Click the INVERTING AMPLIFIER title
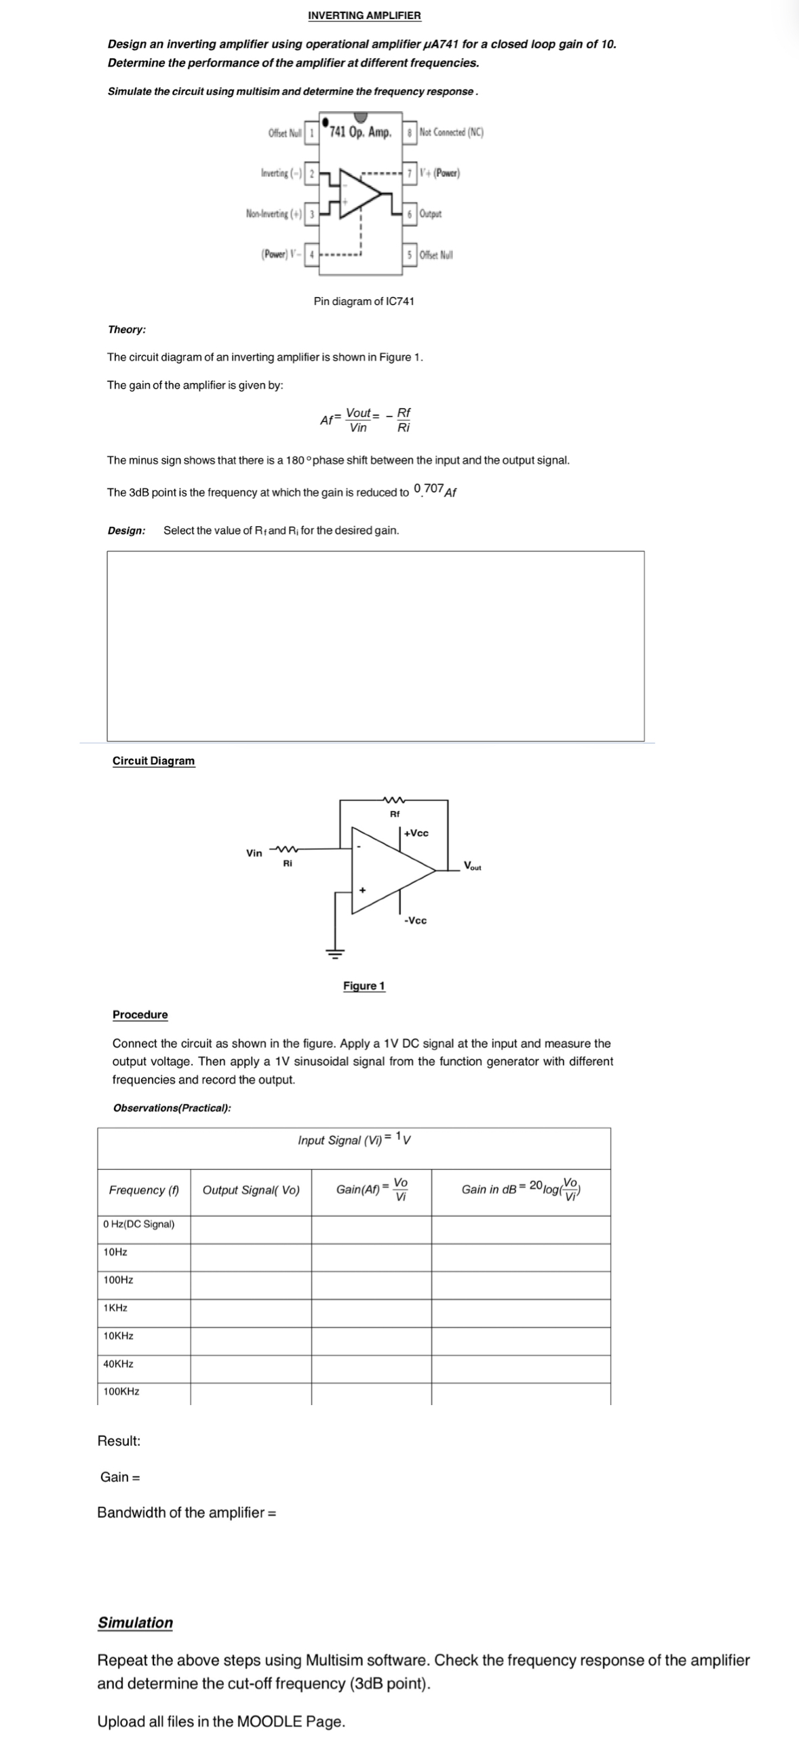tap(364, 15)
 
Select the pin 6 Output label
tap(430, 214)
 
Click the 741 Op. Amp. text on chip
tap(359, 132)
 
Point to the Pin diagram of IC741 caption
tap(364, 301)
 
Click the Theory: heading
tap(126, 330)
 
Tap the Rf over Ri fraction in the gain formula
tap(404, 420)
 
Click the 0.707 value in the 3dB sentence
tap(429, 489)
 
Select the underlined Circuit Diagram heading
tap(154, 761)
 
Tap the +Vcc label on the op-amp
tap(416, 833)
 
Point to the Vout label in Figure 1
tap(472, 866)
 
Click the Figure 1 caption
tap(364, 985)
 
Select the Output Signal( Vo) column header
tap(251, 1190)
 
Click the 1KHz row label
tap(115, 1307)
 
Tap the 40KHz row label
tap(118, 1364)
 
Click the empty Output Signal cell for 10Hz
tap(251, 1252)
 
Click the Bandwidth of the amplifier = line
tap(187, 1512)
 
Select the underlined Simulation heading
tap(136, 1623)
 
